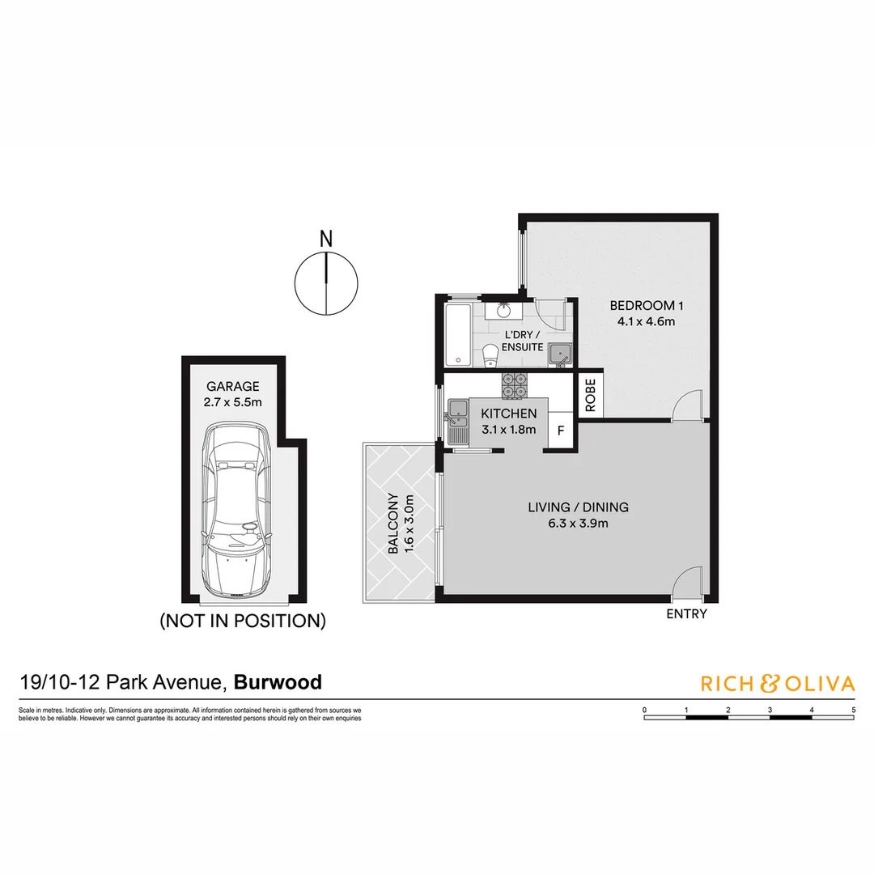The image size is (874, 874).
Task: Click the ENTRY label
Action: pyautogui.click(x=686, y=614)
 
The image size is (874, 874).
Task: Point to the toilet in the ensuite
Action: pyautogui.click(x=490, y=357)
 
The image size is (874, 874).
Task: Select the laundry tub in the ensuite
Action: pyautogui.click(x=560, y=353)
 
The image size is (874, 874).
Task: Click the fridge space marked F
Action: pyautogui.click(x=561, y=430)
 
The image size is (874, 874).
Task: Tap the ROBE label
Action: pyautogui.click(x=590, y=396)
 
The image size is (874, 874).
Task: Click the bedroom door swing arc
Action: pyautogui.click(x=685, y=405)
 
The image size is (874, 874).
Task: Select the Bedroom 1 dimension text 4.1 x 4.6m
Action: pyautogui.click(x=647, y=320)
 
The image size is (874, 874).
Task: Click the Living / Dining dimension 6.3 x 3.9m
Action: pyautogui.click(x=578, y=523)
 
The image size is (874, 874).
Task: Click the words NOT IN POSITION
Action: pyautogui.click(x=243, y=622)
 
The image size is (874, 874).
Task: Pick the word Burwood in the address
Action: pyautogui.click(x=278, y=682)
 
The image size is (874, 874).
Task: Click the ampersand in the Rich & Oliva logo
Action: pyautogui.click(x=768, y=684)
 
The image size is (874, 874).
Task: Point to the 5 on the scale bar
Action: pyautogui.click(x=854, y=709)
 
